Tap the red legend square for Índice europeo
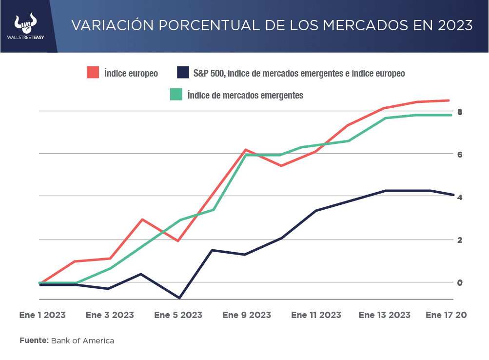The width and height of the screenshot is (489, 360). coord(93,73)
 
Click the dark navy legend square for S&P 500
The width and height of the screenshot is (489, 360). coord(182,73)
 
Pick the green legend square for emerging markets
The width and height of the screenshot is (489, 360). coord(176,95)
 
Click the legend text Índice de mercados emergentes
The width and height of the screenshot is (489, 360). coord(245,95)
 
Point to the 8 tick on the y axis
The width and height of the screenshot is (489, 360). coord(460,112)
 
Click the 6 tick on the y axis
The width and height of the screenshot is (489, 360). coord(460,155)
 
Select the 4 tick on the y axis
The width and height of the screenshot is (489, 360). coord(460,197)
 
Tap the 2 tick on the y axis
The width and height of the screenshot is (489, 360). coord(460,240)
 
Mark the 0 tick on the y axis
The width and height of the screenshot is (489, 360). coord(460,282)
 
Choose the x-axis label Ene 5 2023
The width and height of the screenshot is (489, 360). coord(178,315)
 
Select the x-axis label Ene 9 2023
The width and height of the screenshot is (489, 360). coord(247,315)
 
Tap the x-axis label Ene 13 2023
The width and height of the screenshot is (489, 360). coord(384,315)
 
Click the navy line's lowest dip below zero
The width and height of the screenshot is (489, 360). coord(179,298)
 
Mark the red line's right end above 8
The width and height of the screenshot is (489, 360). coord(448,100)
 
